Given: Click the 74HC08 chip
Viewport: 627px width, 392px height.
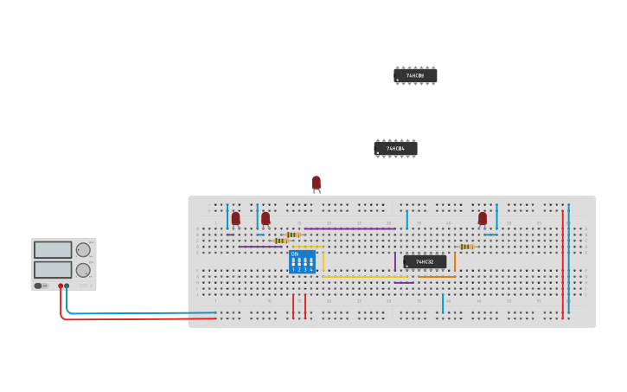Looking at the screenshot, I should [415, 76].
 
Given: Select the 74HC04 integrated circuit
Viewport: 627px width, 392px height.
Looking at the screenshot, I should [395, 149].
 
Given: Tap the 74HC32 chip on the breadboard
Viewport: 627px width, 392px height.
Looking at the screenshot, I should [425, 261].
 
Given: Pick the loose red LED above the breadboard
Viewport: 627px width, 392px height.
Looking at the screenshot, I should [317, 183].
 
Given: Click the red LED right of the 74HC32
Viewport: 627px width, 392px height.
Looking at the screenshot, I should [483, 218].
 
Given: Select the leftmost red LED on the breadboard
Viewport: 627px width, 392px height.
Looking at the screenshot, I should [235, 218].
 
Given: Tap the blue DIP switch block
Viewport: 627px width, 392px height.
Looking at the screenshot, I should [302, 262].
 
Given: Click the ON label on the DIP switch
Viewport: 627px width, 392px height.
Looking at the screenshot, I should [295, 254].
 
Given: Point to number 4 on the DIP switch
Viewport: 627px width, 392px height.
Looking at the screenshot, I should [311, 270].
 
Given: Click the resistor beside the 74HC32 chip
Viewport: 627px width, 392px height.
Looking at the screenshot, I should [466, 247].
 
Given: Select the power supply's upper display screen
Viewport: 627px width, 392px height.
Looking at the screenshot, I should [53, 250].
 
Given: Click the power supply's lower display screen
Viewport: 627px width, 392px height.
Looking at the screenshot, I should [53, 269].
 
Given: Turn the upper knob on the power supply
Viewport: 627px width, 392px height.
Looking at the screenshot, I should [83, 250].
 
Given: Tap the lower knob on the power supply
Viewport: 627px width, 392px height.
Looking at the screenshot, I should [83, 270].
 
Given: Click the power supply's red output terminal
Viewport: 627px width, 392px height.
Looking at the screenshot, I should [61, 286].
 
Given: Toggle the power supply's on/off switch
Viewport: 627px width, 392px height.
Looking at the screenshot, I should [38, 286].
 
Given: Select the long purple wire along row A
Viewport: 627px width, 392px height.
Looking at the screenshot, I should [349, 228].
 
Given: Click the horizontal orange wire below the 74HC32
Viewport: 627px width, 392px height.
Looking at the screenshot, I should [437, 277].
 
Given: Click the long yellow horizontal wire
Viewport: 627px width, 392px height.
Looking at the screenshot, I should [363, 277].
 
